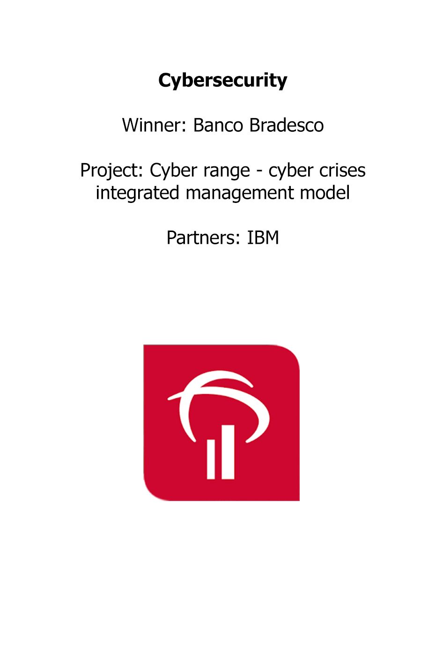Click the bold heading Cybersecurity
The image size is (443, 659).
[x=222, y=80]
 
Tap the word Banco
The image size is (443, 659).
[x=218, y=125]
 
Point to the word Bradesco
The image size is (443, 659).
[x=286, y=125]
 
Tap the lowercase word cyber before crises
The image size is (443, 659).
[x=291, y=171]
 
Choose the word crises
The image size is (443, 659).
[x=342, y=171]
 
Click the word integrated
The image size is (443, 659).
[x=137, y=193]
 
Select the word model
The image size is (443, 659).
[x=325, y=193]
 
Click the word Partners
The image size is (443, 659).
[x=203, y=238]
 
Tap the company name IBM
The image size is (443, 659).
[x=263, y=238]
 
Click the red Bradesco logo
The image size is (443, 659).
[x=221, y=423]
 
